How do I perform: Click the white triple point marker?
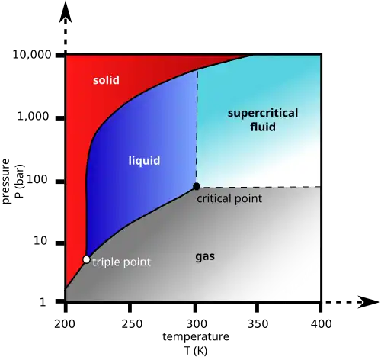(87, 259)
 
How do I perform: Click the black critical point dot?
(197, 186)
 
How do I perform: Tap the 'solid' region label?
(106, 80)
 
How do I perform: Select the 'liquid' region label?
(144, 161)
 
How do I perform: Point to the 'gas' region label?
(205, 257)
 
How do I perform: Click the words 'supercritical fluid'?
(263, 120)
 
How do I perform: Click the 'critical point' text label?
(229, 198)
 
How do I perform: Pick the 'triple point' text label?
(121, 262)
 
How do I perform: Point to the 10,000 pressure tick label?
(32, 55)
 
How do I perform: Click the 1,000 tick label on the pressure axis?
(33, 117)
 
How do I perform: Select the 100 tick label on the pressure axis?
(37, 180)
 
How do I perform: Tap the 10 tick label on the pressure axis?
(40, 241)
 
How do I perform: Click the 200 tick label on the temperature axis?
(65, 324)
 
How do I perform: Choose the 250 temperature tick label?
(132, 324)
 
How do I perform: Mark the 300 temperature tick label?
(196, 324)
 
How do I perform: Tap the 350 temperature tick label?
(258, 324)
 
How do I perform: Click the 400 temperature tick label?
(321, 324)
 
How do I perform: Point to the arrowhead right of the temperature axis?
(369, 302)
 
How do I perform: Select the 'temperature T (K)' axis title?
(196, 343)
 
